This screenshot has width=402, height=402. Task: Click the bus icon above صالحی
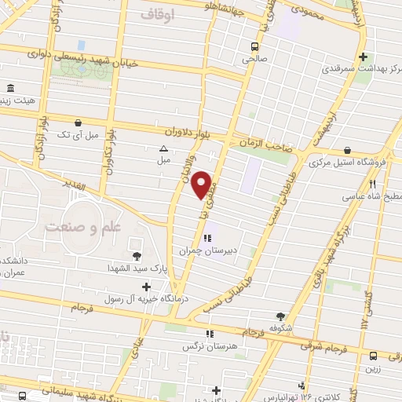click(x=253, y=46)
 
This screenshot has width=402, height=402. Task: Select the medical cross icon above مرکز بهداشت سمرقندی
click(x=363, y=57)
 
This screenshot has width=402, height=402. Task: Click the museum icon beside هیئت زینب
click(x=9, y=88)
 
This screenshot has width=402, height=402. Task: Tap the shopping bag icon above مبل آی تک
click(x=78, y=122)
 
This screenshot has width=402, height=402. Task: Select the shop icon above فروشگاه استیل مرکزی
click(x=347, y=150)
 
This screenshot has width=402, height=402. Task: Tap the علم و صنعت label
click(x=76, y=227)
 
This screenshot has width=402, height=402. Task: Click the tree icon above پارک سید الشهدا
click(x=137, y=255)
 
